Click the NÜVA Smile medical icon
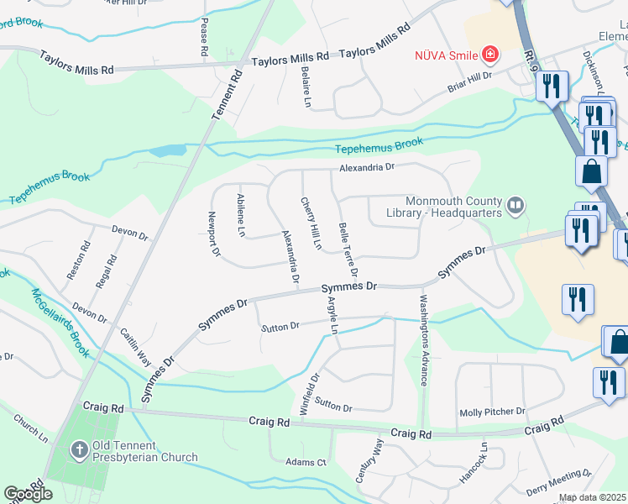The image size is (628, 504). (489, 55)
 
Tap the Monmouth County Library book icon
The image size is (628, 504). (515, 204)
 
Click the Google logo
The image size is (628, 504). (28, 494)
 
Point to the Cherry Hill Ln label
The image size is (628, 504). (311, 223)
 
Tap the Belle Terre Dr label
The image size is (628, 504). (348, 249)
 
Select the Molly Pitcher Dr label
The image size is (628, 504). (491, 412)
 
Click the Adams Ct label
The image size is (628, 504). (306, 462)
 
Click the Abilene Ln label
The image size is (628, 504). (241, 214)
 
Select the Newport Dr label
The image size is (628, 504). (213, 234)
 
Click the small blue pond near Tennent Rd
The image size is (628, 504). (168, 151)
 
